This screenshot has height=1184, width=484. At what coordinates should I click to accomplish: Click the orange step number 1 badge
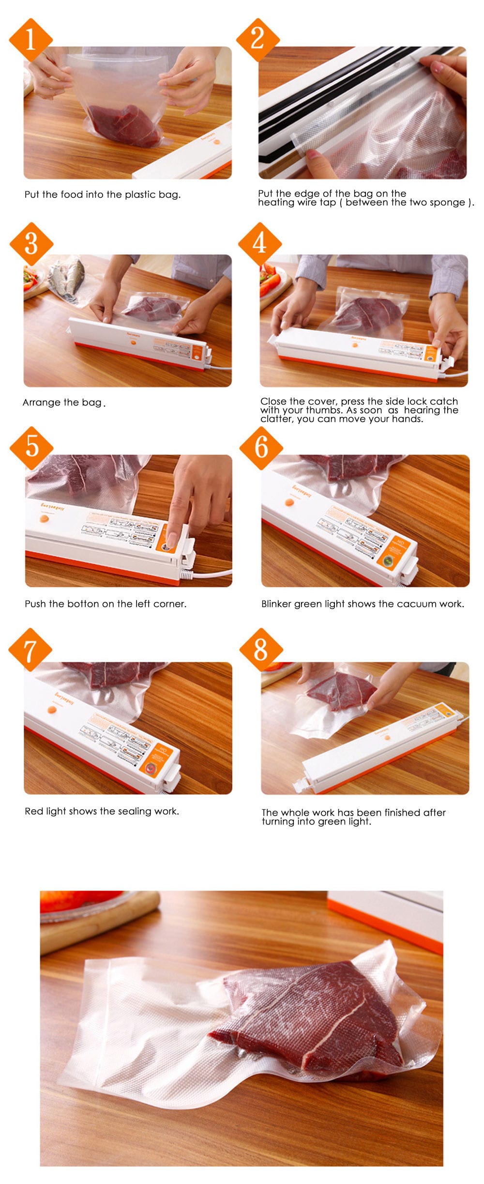30,39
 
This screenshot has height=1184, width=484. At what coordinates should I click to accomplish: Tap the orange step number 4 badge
260,243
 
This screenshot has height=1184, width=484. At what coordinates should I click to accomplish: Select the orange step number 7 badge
30,650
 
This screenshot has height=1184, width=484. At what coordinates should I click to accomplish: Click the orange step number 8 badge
261,650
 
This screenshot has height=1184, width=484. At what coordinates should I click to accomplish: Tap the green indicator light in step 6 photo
388,561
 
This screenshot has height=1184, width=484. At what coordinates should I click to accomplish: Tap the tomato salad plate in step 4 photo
269,281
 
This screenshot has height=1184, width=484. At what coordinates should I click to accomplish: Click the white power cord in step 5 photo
213,575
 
